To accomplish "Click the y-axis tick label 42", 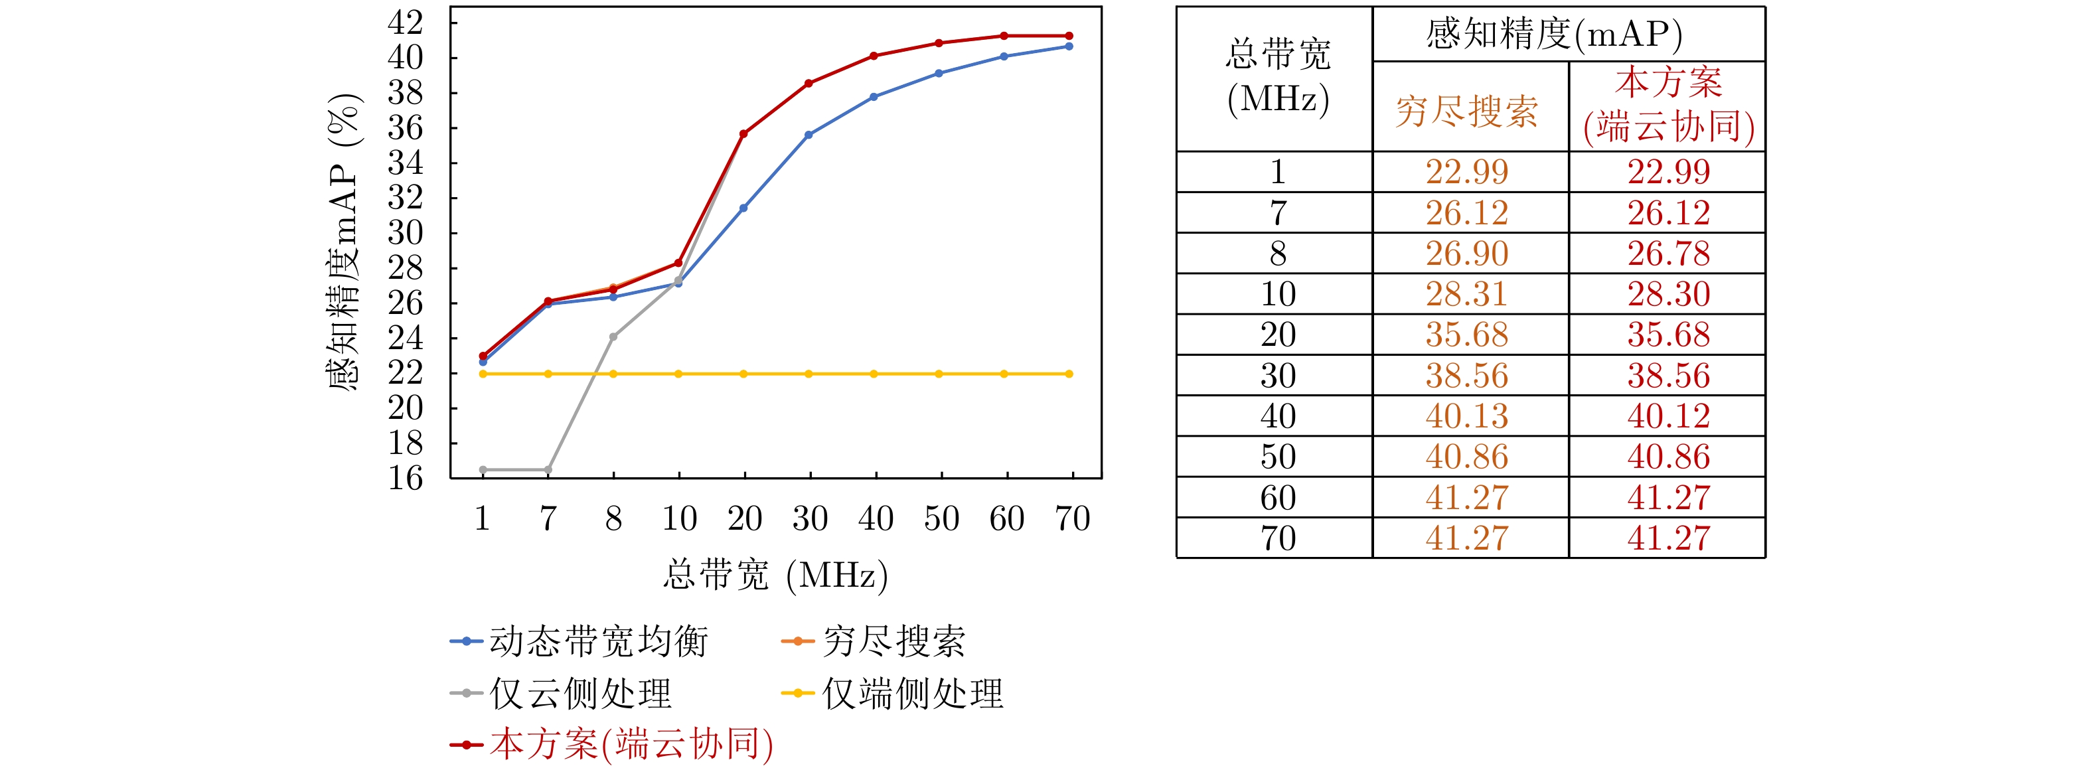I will tap(405, 23).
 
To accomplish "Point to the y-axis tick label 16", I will tap(405, 477).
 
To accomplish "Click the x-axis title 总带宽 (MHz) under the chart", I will tap(775, 576).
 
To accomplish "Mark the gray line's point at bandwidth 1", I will tap(483, 470).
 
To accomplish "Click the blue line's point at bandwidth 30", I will tap(809, 135).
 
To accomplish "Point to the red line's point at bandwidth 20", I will tap(743, 134).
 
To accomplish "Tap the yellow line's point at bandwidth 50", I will tap(939, 374).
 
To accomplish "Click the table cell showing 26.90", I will tap(1467, 254).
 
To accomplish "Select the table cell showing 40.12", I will tap(1668, 416).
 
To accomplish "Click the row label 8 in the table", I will tap(1278, 254).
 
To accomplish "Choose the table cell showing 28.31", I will tap(1467, 295).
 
